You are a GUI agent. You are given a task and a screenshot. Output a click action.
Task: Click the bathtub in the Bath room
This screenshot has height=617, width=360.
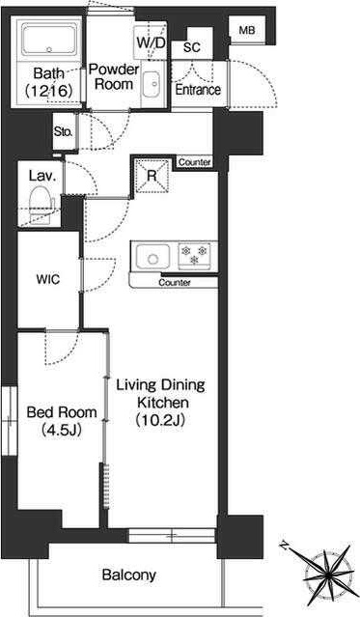click(x=49, y=40)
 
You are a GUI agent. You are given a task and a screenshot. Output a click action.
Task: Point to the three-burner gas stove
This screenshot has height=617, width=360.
click(x=194, y=254)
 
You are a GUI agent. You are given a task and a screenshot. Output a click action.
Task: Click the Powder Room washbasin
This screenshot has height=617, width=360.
click(x=152, y=84)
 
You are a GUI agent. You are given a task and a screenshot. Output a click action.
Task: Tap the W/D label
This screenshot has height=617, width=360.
click(x=152, y=42)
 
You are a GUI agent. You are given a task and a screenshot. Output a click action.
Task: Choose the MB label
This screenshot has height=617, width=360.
click(x=247, y=30)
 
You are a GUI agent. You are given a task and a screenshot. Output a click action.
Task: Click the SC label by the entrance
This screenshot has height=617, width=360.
click(x=192, y=47)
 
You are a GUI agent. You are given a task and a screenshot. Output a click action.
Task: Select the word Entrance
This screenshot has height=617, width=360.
click(x=198, y=90)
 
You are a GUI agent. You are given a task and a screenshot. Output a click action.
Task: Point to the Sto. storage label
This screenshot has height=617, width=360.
click(x=64, y=132)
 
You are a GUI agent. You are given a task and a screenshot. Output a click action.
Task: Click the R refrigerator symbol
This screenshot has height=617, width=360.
click(x=152, y=176)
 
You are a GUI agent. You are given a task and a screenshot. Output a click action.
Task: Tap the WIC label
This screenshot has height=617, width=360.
click(x=48, y=279)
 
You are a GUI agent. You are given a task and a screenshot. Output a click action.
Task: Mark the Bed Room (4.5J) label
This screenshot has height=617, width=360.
click(x=62, y=421)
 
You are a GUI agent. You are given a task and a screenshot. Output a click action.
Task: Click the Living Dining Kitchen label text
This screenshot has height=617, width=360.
click(x=160, y=403)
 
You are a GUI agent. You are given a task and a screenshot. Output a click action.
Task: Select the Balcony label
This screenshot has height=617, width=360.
click(x=129, y=575)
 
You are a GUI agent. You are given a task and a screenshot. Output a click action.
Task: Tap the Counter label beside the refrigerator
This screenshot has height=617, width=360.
click(x=195, y=162)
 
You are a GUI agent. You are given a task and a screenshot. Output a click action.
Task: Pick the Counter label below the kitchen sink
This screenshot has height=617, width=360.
click(x=175, y=283)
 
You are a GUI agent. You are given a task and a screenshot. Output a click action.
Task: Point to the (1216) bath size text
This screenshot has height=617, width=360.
click(x=49, y=91)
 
